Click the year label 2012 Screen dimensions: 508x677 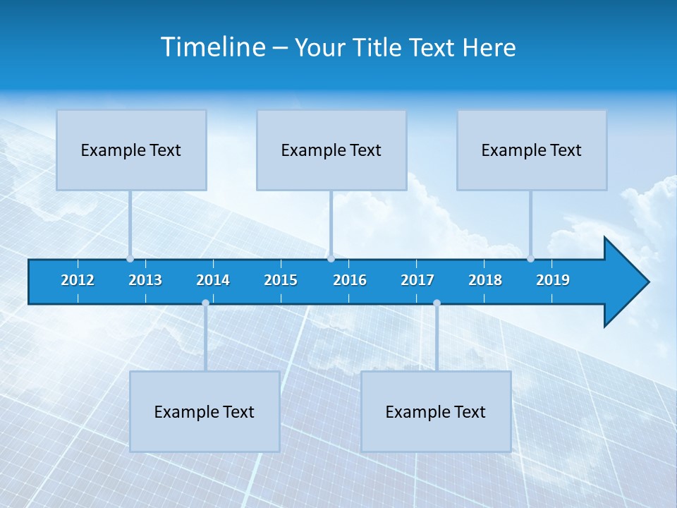(78, 280)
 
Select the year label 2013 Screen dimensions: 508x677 (145, 280)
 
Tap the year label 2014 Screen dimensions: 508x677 (213, 280)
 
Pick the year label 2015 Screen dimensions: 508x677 (281, 280)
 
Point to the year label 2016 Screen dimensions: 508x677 (350, 280)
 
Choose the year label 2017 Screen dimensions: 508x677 (417, 280)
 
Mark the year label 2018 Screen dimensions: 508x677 (485, 280)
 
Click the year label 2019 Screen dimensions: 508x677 (553, 280)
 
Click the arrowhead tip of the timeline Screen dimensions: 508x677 (647, 282)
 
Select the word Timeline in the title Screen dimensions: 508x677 (213, 47)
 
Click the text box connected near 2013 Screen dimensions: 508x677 (131, 150)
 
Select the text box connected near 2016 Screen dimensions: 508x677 (331, 150)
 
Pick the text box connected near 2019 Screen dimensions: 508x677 (532, 150)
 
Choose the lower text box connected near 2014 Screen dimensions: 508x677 (205, 411)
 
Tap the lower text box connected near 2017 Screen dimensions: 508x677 (436, 411)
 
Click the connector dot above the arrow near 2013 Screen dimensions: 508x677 (130, 258)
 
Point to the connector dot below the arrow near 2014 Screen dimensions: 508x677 (205, 303)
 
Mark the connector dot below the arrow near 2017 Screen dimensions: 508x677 (437, 303)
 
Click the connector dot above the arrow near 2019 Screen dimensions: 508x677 (530, 258)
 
